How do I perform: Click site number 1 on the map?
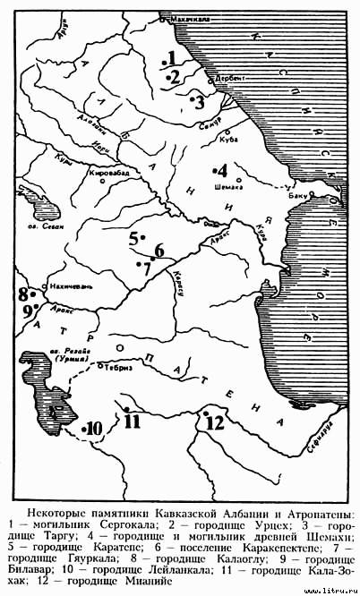coord(169,59)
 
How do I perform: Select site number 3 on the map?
coord(199,99)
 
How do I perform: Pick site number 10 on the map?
coord(94,428)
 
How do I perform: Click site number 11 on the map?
coord(133,420)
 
